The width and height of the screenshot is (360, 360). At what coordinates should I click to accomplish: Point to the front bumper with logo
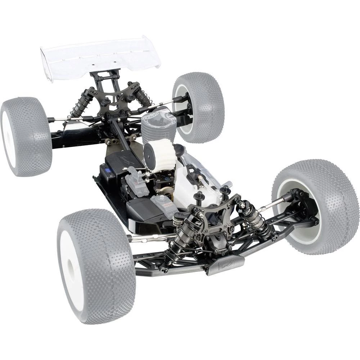225,265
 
